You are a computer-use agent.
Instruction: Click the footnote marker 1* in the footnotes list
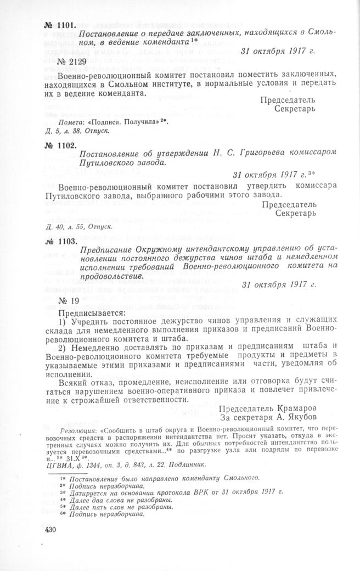pyautogui.click(x=65, y=478)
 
